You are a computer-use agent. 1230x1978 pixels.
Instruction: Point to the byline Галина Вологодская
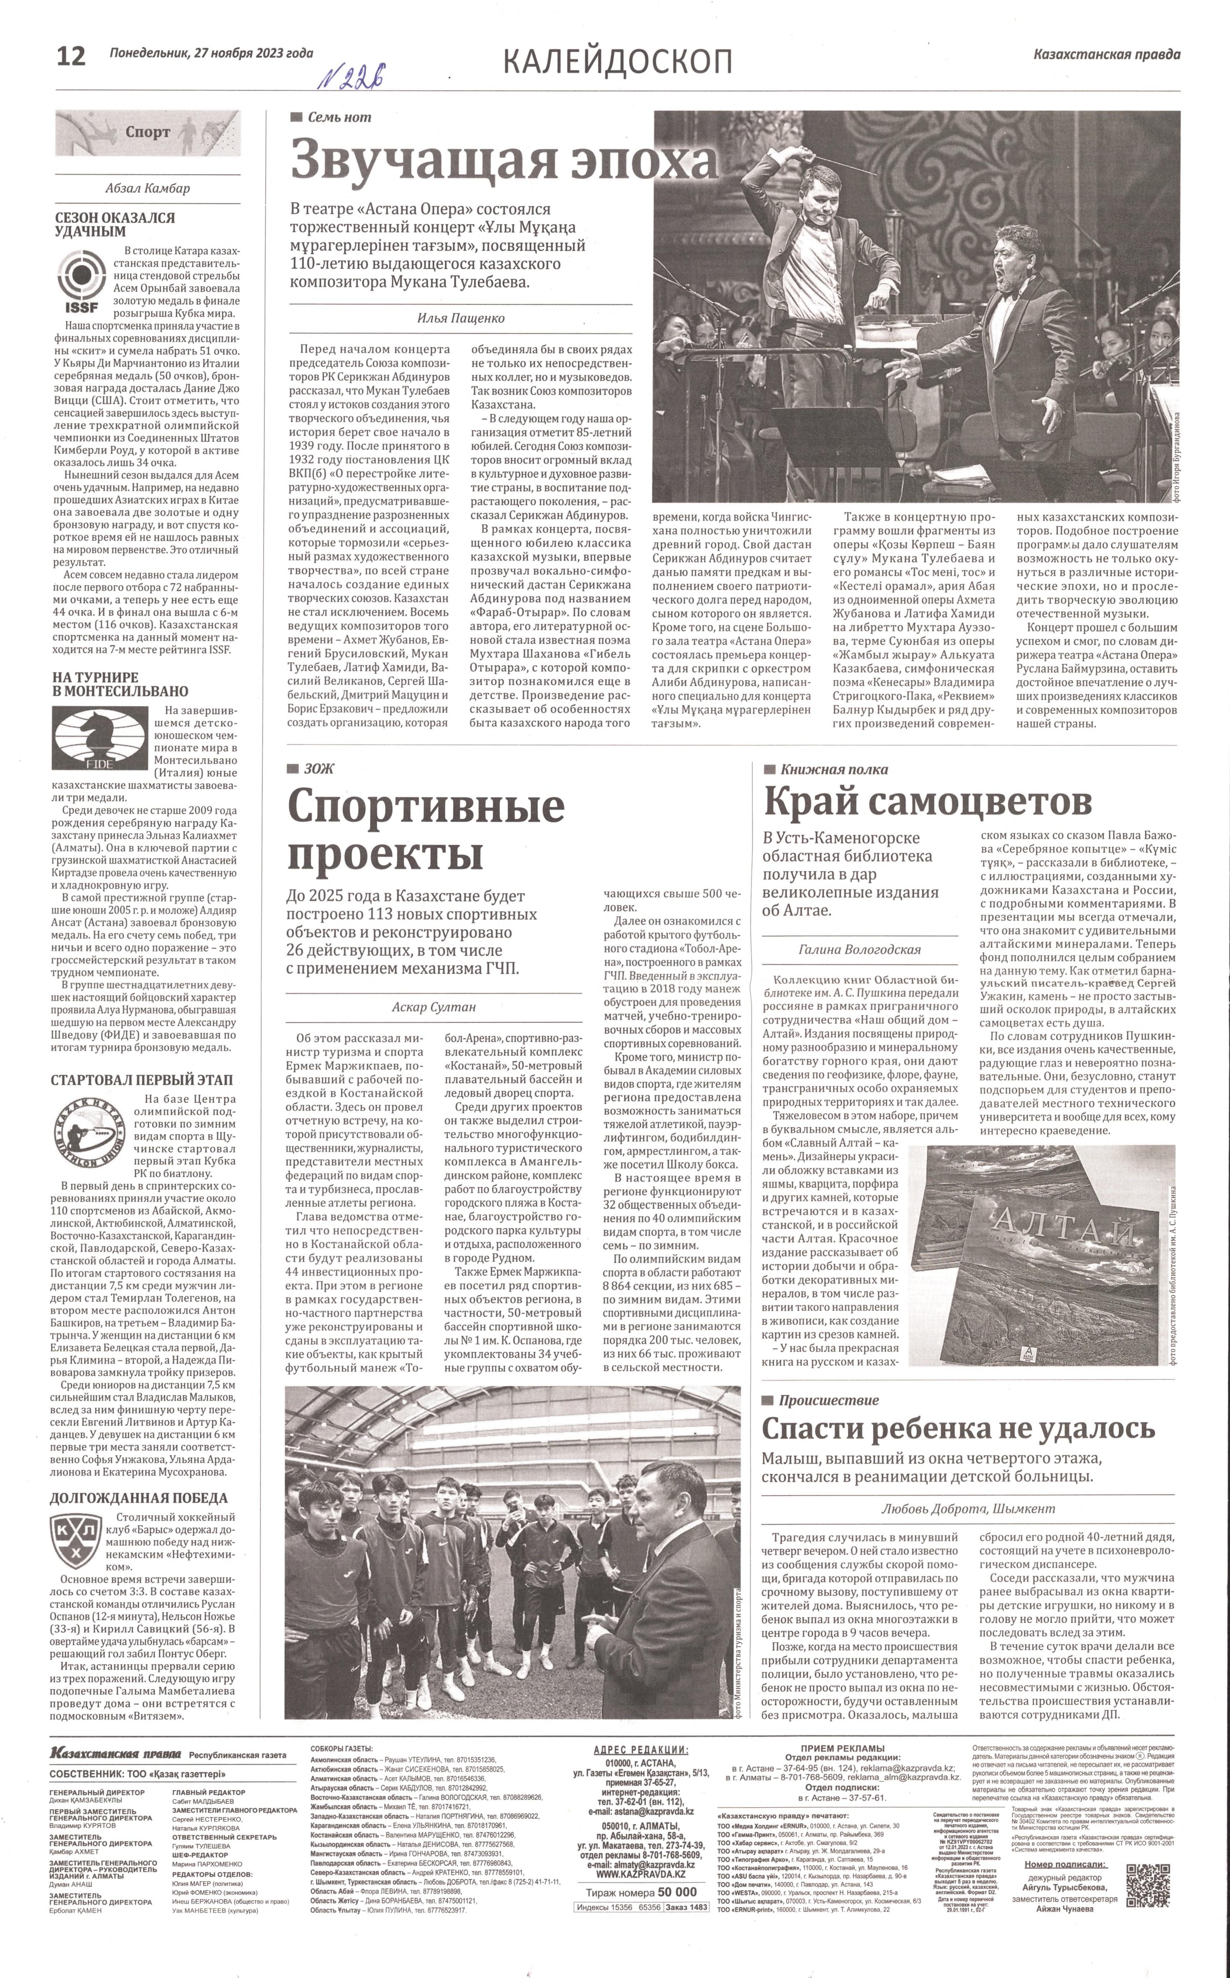pos(861,949)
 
